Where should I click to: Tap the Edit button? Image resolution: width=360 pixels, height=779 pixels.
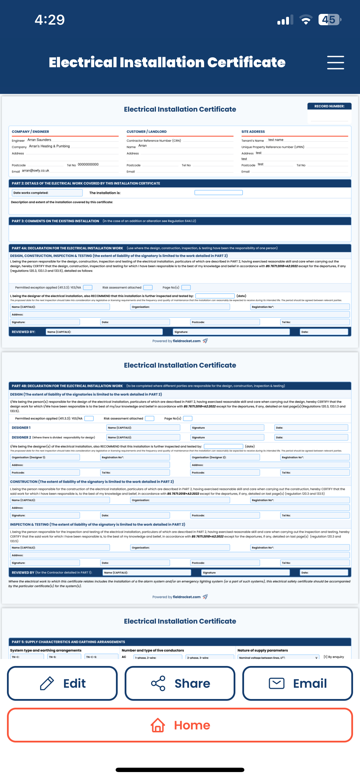point(62,683)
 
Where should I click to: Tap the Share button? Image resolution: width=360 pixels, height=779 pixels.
point(180,683)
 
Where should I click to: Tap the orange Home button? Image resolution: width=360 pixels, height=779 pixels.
point(180,725)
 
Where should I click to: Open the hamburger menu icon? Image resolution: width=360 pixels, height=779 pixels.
point(335,63)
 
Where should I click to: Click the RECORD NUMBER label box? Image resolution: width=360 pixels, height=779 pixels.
point(329,106)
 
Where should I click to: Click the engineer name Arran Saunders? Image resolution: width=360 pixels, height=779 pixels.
point(39,140)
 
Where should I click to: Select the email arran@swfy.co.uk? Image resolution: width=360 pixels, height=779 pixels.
point(35,171)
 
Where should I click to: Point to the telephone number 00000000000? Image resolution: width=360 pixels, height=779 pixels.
point(88,165)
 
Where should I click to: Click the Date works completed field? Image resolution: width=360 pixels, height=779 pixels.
point(47,193)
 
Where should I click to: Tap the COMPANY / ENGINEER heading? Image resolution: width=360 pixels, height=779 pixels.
point(30,132)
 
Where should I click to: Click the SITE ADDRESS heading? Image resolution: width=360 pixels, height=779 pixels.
point(253,132)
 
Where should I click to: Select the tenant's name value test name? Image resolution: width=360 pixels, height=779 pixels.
point(276,140)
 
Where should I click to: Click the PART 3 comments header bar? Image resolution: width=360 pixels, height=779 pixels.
point(180,221)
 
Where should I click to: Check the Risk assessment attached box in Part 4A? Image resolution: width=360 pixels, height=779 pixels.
point(148,287)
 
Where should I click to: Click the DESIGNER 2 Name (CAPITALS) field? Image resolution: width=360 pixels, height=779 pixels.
point(143,437)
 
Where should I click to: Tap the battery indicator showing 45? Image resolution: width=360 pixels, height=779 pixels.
point(329,20)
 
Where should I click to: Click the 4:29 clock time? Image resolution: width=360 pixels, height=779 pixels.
point(50,20)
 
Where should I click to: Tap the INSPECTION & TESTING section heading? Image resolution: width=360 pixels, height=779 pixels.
point(97,524)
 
